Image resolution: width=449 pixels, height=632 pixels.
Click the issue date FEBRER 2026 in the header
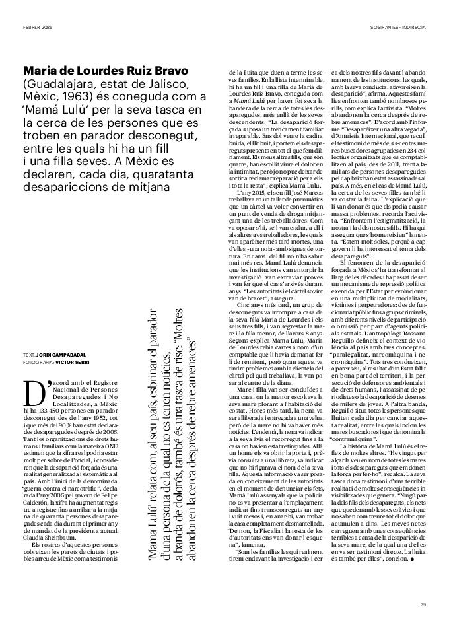click(38, 27)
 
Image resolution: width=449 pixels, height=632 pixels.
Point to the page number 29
click(423, 603)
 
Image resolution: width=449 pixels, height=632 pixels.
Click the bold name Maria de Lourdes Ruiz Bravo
click(106, 70)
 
